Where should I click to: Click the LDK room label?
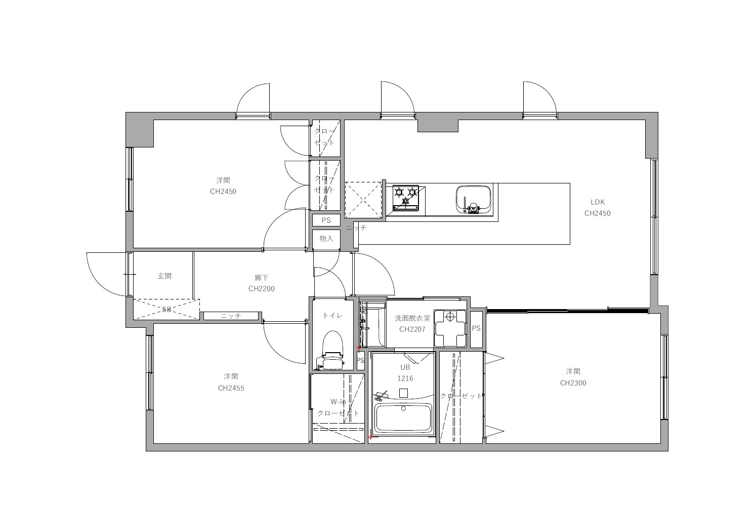pos(598,202)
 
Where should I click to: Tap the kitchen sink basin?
pos(473,200)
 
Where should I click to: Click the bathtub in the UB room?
pos(403,419)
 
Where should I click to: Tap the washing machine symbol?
pos(450,328)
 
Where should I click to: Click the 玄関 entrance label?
pos(164,276)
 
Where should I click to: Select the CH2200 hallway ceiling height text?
pos(262,289)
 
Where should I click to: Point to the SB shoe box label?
pos(166,309)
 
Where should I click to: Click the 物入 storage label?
pos(326,239)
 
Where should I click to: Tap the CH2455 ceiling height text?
pos(231,388)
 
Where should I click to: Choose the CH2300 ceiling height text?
pos(573,383)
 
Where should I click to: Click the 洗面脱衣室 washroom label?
pos(412,318)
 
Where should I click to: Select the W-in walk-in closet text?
pos(338,402)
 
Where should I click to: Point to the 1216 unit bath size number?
pos(405,378)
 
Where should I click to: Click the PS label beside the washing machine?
pos(476,328)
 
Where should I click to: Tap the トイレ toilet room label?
pos(332,315)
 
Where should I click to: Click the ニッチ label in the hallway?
pos(231,316)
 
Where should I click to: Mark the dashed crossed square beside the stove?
pos(363,200)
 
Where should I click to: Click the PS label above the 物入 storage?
pos(326,220)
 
